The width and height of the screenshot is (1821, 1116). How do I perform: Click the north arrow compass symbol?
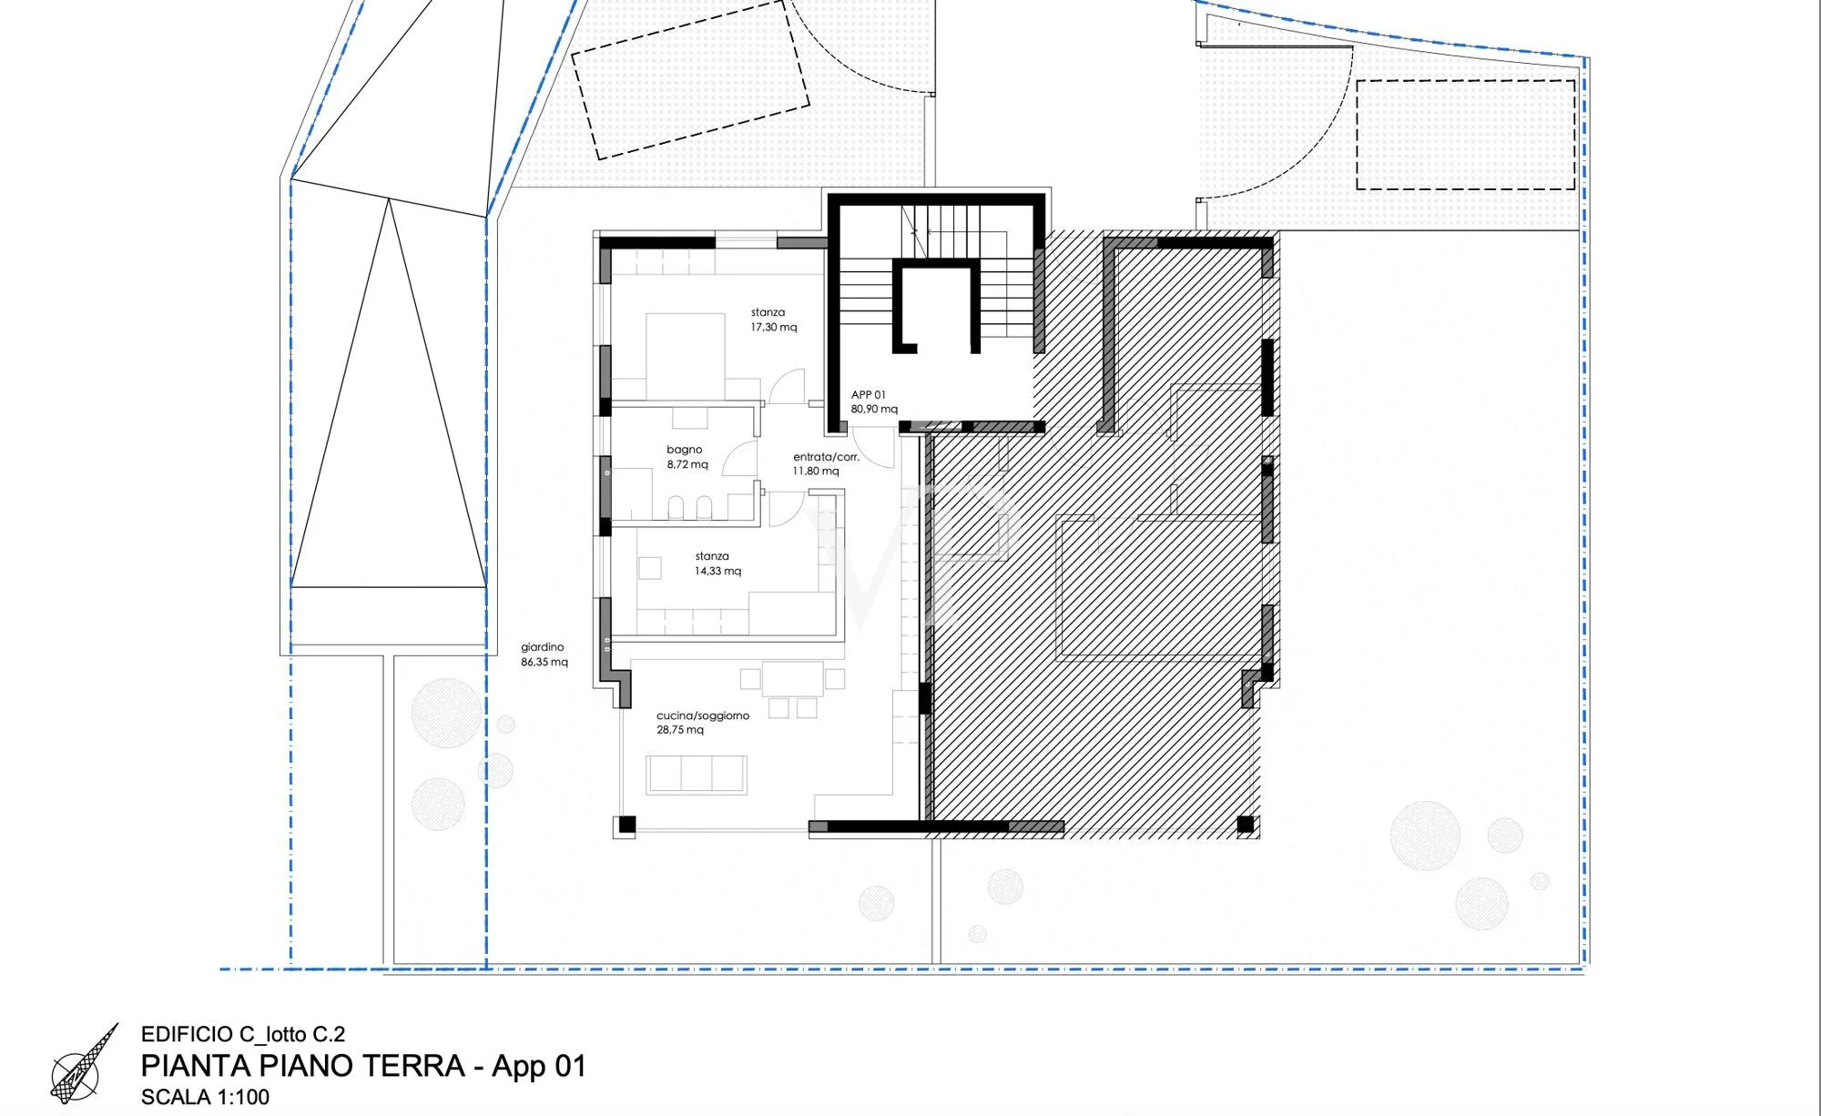pyautogui.click(x=84, y=1066)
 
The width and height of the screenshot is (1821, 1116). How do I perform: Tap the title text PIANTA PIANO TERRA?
pyautogui.click(x=303, y=1065)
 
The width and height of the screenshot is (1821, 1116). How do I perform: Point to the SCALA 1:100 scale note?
pyautogui.click(x=205, y=1096)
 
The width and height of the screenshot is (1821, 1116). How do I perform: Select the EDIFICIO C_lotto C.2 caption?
pyautogui.click(x=243, y=1034)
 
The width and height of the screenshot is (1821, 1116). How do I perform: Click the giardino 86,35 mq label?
pyautogui.click(x=544, y=654)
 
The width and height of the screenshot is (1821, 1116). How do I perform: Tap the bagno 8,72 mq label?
pyautogui.click(x=687, y=457)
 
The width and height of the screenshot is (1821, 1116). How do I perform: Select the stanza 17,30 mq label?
pyautogui.click(x=773, y=320)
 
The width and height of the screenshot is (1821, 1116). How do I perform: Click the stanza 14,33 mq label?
pyautogui.click(x=717, y=563)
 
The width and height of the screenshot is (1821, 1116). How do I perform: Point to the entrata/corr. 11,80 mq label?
pyautogui.click(x=826, y=464)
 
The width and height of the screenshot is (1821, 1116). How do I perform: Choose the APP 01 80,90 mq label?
pyautogui.click(x=874, y=401)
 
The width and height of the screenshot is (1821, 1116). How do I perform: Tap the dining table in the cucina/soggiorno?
pyautogui.click(x=792, y=678)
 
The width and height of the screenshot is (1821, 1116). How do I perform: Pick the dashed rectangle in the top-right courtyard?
pyautogui.click(x=1466, y=135)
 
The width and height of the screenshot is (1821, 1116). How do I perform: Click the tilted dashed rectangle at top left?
pyautogui.click(x=690, y=79)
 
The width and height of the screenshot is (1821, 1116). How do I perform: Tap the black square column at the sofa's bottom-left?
pyautogui.click(x=626, y=826)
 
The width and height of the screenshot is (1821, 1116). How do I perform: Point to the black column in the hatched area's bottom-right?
pyautogui.click(x=1246, y=825)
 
